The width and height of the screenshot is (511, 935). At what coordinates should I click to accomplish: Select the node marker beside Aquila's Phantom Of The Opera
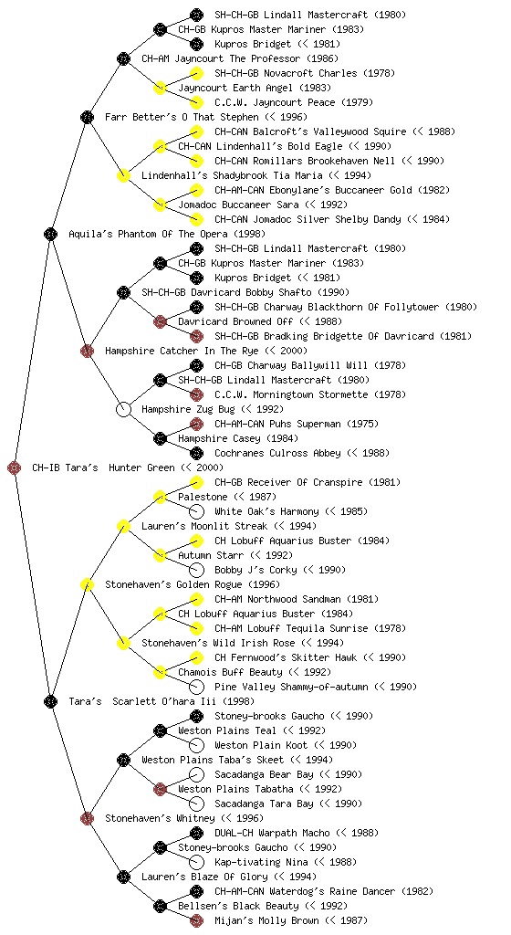[x=50, y=234]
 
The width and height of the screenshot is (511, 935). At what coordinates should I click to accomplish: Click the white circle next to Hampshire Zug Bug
[x=123, y=409]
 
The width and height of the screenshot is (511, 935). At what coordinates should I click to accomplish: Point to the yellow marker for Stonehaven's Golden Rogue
[x=87, y=584]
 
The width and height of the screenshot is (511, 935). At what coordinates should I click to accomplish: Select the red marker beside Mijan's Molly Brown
[x=196, y=920]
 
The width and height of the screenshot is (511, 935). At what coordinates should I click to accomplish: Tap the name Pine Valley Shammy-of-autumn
[x=291, y=687]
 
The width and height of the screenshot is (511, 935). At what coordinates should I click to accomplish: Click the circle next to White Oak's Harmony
[x=196, y=511]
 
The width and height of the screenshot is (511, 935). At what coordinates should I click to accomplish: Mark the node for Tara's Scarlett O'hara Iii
[x=50, y=701]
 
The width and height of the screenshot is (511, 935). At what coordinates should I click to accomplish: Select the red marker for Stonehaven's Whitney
[x=87, y=818]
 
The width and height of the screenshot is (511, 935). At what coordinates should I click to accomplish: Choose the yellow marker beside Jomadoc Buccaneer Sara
[x=160, y=205]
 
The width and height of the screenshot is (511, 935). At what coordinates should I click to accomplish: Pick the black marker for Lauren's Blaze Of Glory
[x=123, y=877]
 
